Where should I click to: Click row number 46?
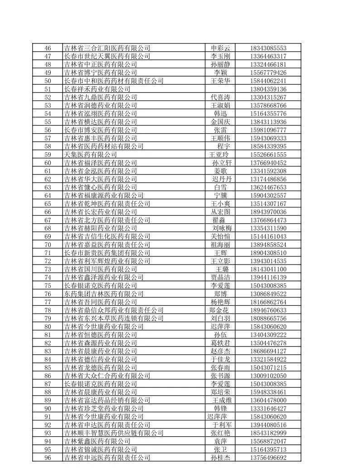point(48,48)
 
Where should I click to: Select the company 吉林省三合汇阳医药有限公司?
point(107,48)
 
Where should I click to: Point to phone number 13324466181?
point(268,64)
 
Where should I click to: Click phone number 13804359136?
point(268,89)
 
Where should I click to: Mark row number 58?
point(48,146)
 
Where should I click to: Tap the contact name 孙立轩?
point(222,163)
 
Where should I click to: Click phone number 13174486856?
point(268,179)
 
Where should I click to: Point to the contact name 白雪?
point(221,187)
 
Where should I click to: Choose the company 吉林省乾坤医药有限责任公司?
point(107,203)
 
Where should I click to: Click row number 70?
point(48,245)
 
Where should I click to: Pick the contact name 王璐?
point(222,269)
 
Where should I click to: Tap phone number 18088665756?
point(268,318)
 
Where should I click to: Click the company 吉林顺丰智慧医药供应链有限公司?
point(113,433)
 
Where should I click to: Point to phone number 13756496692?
point(268,458)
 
